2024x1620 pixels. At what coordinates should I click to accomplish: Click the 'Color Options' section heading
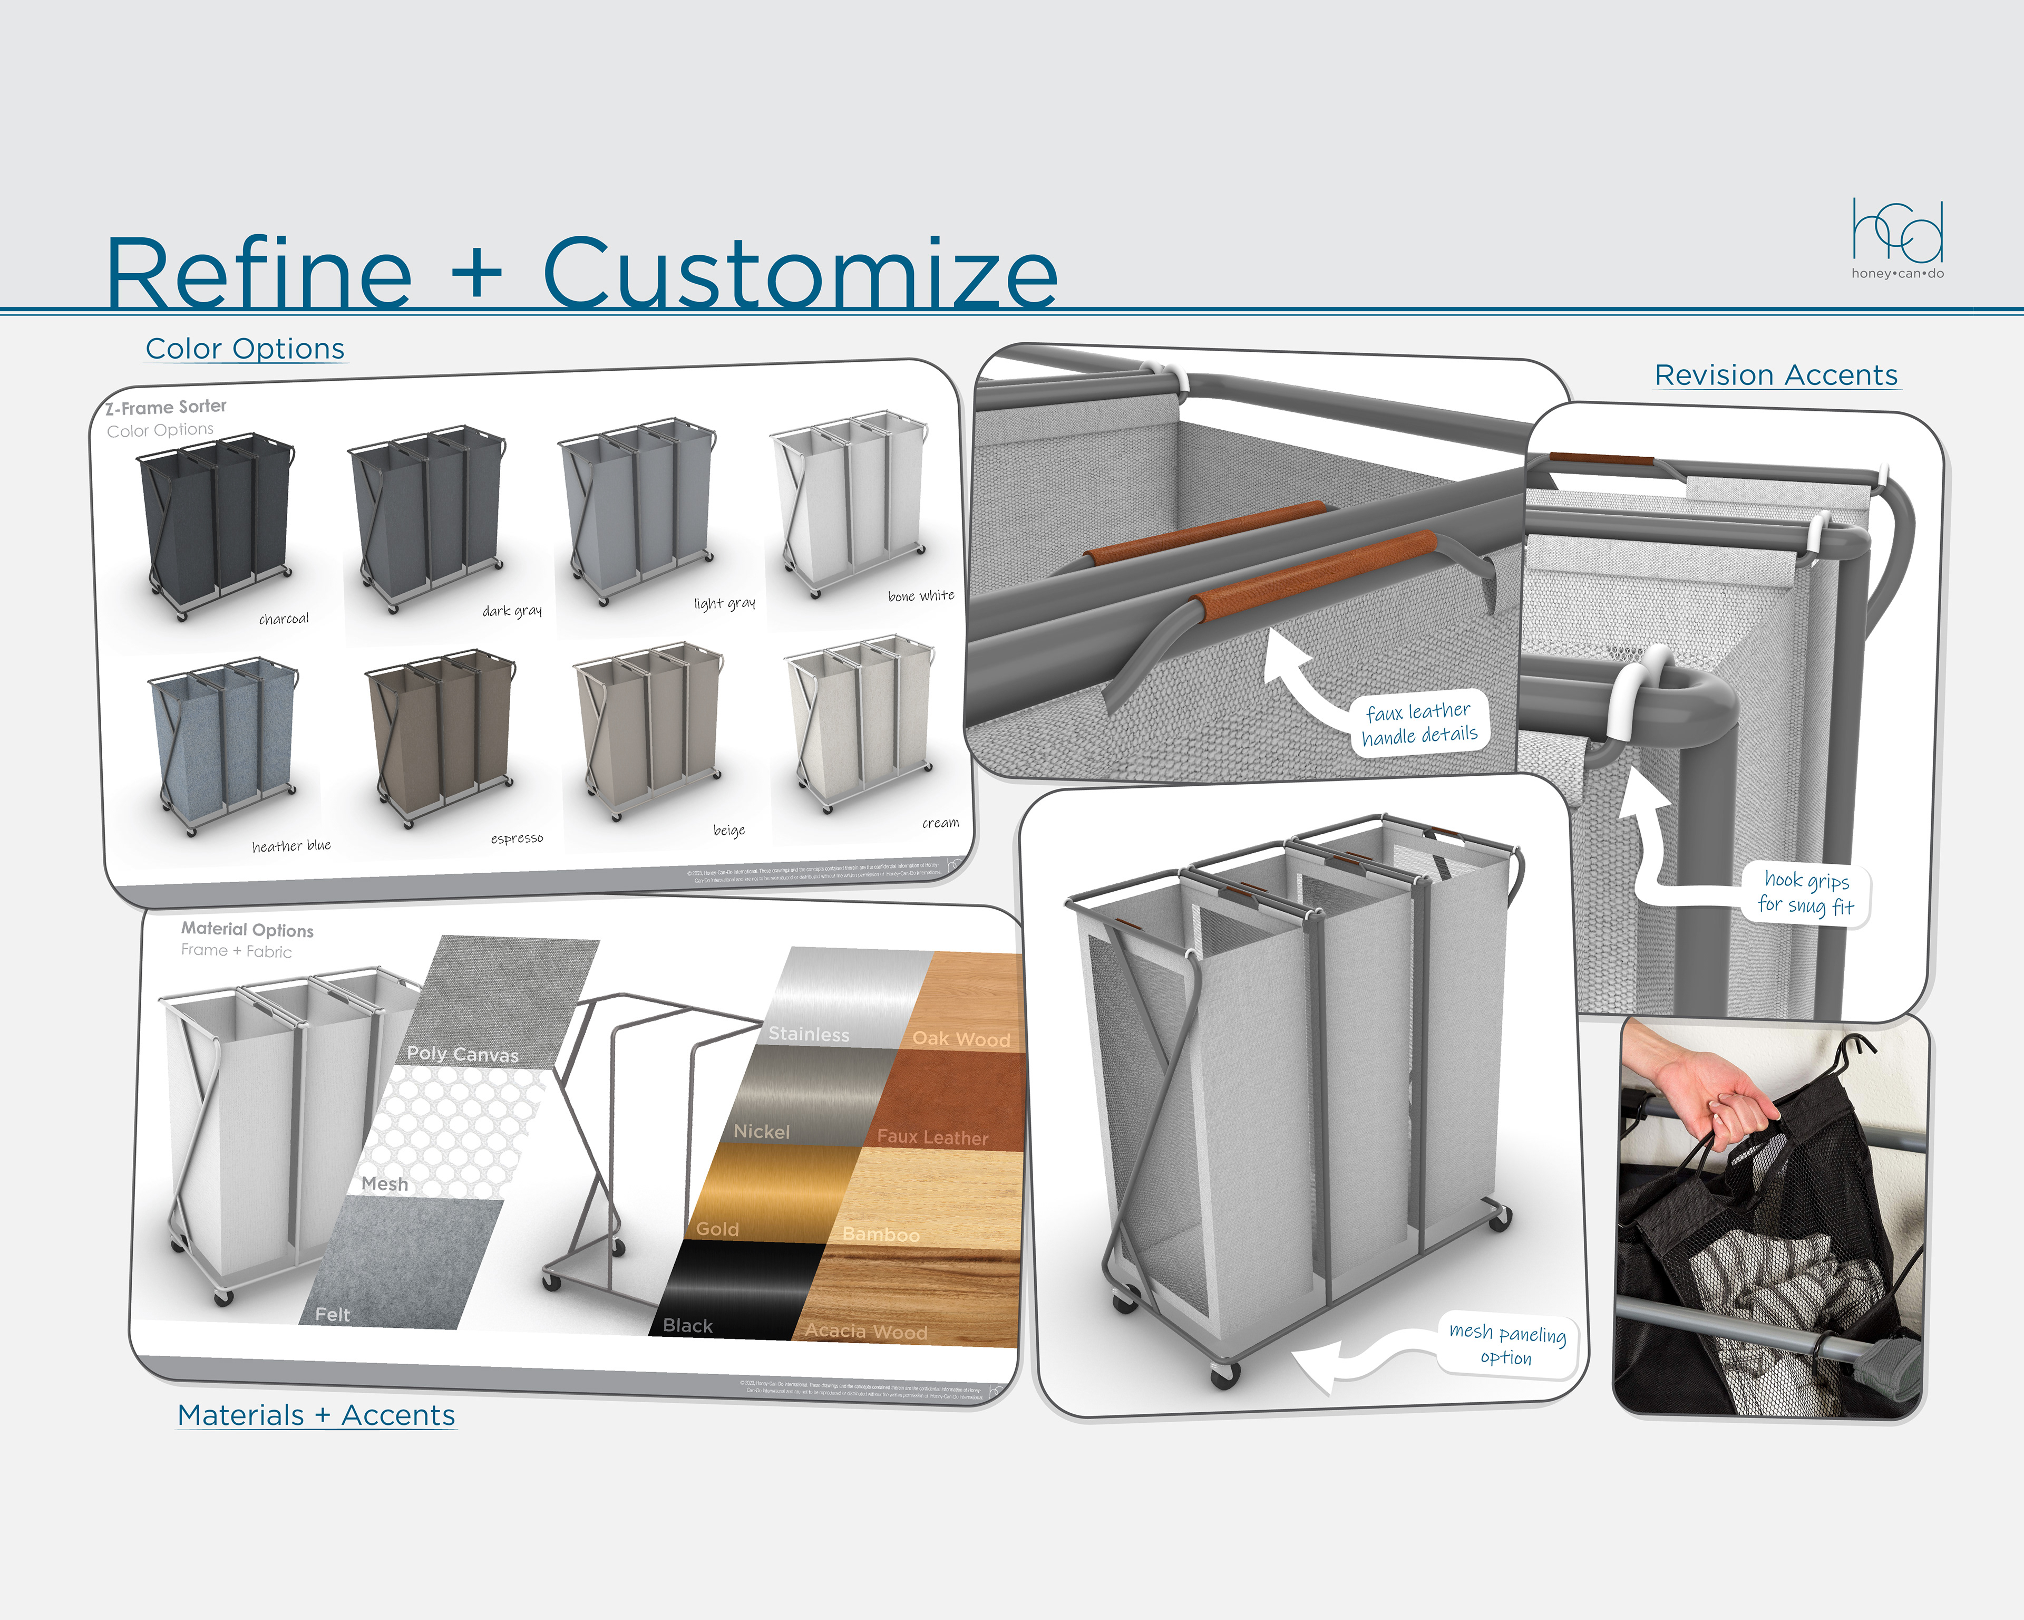click(x=245, y=349)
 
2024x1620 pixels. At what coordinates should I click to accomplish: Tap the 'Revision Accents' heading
click(x=1775, y=375)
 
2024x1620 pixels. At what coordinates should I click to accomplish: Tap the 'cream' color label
click(x=940, y=823)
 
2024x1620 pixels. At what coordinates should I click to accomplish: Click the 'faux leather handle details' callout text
click(x=1418, y=723)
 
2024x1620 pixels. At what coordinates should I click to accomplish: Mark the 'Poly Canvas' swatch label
click(x=462, y=1054)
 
